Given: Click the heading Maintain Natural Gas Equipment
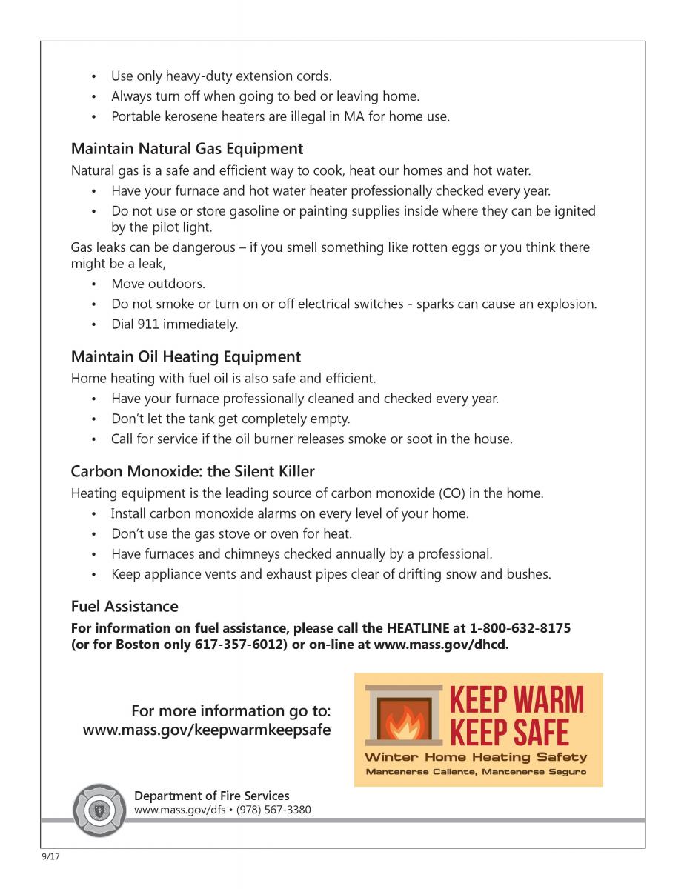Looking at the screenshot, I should pos(187,149).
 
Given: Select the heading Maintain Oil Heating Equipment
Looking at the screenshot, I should pos(185,357).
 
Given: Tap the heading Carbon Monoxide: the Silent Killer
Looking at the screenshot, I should pos(193,471).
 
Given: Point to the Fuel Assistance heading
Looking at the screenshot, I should pos(125,606).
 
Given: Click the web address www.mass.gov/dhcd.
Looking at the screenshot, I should pos(441,645).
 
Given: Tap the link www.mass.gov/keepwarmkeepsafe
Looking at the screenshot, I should pos(207,730).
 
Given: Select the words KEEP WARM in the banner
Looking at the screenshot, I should pos(517,700).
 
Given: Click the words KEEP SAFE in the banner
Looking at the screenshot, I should pos(510,732).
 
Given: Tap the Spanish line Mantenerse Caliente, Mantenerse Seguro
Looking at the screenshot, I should pos(476,772).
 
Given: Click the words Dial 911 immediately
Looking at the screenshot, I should pos(175,324).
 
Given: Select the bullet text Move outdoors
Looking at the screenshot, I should pos(158,284).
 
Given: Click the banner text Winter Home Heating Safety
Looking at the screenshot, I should pos(476,757).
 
